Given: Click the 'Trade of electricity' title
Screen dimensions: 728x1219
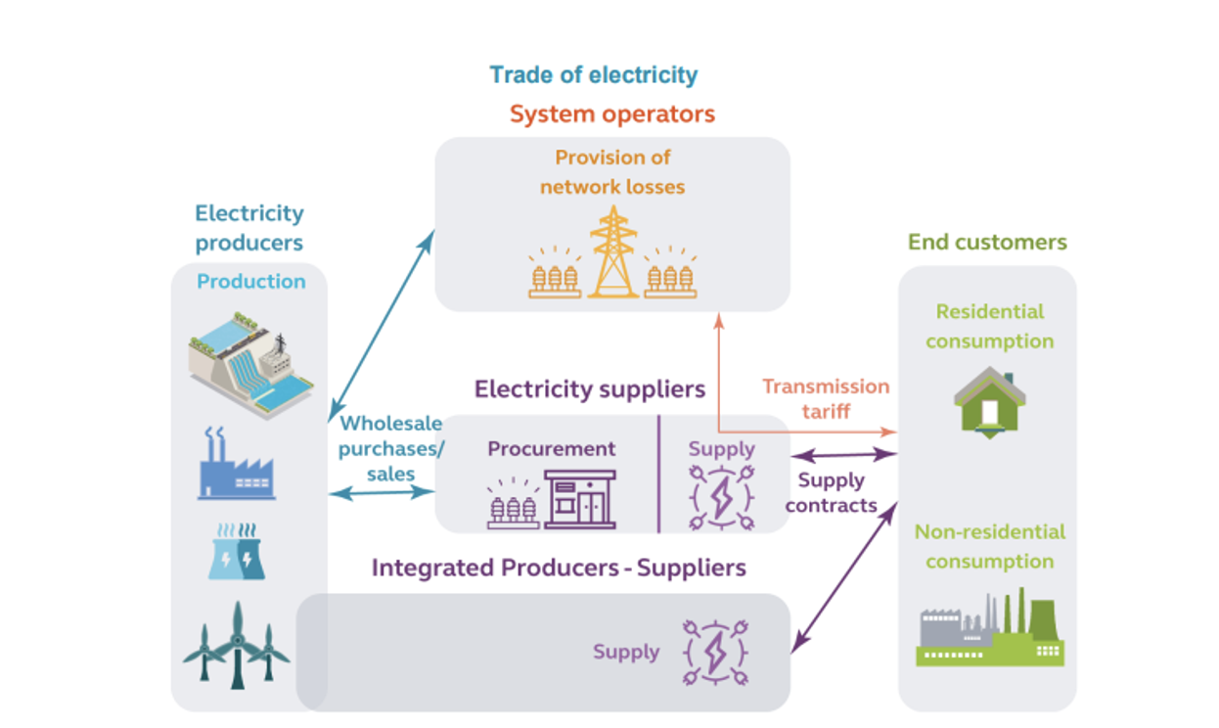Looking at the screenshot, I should [x=593, y=75].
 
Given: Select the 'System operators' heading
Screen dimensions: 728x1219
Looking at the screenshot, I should [x=612, y=114].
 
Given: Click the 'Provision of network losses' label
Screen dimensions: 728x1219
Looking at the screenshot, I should [x=612, y=171].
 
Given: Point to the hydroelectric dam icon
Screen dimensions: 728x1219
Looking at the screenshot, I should [x=251, y=362].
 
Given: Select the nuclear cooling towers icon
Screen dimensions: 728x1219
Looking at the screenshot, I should [x=236, y=552].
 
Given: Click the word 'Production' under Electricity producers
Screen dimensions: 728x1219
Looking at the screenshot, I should [x=251, y=282].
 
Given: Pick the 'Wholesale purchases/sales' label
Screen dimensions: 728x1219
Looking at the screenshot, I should [x=391, y=448].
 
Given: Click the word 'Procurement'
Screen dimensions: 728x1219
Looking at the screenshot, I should [x=552, y=449].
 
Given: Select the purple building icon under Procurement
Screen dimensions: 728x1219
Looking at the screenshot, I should [x=580, y=499].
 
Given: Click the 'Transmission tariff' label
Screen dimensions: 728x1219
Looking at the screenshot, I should [x=826, y=398].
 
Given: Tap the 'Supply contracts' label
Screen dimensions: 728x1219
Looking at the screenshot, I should [x=832, y=492].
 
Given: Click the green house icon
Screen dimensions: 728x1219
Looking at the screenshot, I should [x=990, y=401].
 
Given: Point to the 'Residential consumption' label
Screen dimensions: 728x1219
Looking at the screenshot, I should [x=989, y=327].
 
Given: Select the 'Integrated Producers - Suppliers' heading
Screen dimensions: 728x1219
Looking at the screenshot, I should [x=559, y=568].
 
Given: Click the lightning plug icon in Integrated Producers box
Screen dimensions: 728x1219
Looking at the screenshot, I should [x=715, y=652].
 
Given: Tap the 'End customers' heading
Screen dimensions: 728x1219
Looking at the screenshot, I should [x=987, y=242].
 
